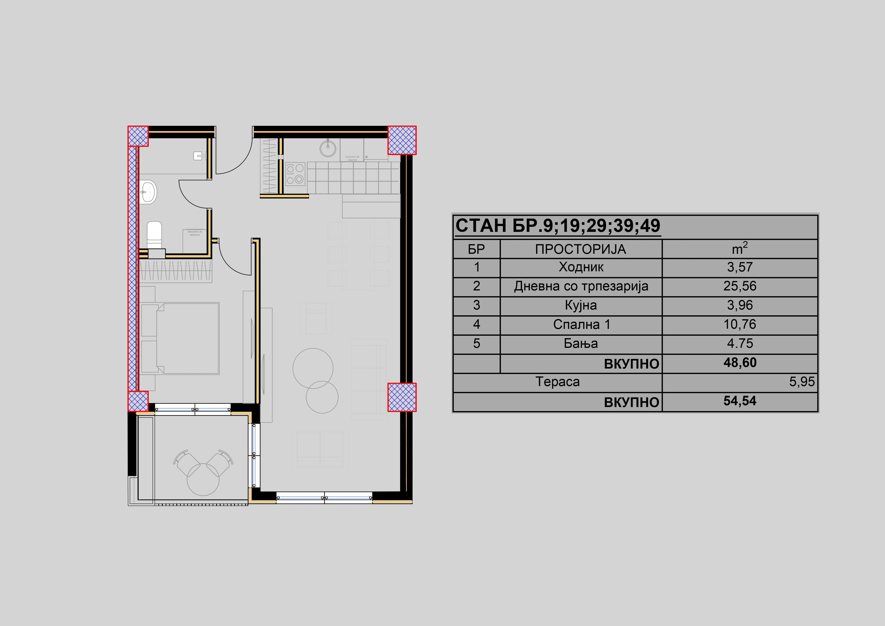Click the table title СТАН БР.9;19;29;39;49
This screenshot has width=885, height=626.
pos(558,226)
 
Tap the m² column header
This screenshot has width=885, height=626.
pos(739,249)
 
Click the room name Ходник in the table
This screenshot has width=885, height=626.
pos(581,267)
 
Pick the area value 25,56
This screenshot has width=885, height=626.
pos(739,286)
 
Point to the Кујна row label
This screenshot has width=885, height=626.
pos(581,305)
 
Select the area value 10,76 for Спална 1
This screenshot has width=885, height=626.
pos(739,324)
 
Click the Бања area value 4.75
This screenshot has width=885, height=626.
pos(739,344)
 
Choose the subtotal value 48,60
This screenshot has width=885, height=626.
pos(739,363)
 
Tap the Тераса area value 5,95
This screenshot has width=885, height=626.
pos(802,382)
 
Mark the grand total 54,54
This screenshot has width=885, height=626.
pos(739,401)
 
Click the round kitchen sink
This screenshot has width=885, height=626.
pos(328,148)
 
